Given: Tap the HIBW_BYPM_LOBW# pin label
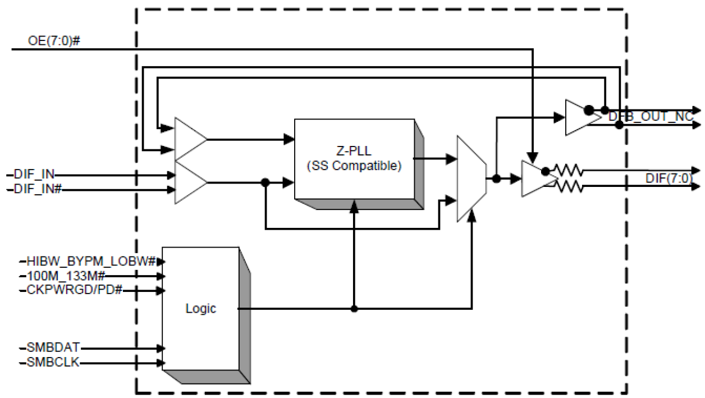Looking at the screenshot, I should pyautogui.click(x=91, y=261).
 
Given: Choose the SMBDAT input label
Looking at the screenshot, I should pyautogui.click(x=53, y=348).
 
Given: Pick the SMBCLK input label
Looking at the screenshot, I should pyautogui.click(x=52, y=363).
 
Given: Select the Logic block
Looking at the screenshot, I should pyautogui.click(x=200, y=309).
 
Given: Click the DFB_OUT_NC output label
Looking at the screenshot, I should pyautogui.click(x=651, y=117).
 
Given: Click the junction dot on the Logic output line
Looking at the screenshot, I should pyautogui.click(x=354, y=308).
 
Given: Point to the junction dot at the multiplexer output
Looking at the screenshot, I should pyautogui.click(x=497, y=179).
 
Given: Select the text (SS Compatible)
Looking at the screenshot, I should pyautogui.click(x=354, y=167).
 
